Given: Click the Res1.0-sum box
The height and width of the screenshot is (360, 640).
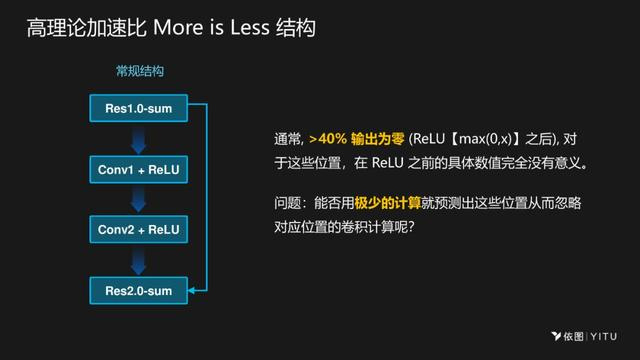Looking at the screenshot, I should click(x=139, y=107).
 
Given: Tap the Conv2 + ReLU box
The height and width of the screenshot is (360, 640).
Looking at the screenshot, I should click(x=139, y=230).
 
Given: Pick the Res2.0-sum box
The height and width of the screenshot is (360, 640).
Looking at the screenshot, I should click(x=139, y=291).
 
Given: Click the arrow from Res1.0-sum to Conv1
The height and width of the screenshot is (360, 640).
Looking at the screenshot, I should click(x=139, y=138).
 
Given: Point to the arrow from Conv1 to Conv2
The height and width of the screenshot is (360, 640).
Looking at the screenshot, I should click(x=139, y=200).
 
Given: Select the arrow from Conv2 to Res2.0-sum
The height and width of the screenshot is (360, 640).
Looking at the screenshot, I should click(x=139, y=261).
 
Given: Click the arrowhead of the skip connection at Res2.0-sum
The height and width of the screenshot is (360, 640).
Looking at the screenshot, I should click(x=193, y=291).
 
